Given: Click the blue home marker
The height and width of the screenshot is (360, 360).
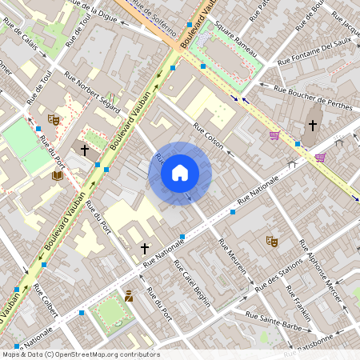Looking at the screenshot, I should pos(180,173).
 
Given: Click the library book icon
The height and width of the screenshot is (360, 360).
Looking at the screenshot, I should pos(58,175).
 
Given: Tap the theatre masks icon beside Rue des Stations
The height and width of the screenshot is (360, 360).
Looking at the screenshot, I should pos(272,239).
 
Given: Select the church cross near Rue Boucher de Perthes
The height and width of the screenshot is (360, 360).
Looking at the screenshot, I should pos(313,126).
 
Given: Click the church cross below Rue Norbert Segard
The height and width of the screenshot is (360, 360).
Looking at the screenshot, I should pos(85,150).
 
